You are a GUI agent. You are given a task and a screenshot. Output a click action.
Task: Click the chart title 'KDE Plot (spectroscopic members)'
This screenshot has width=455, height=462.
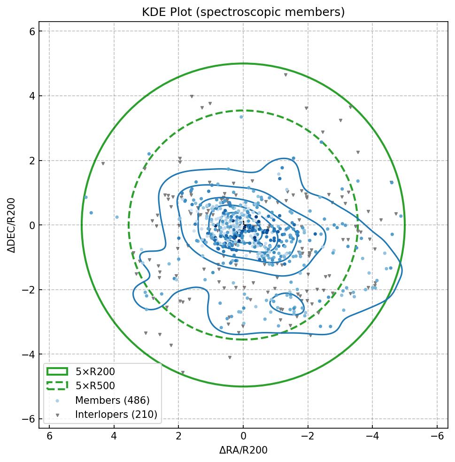pyautogui.click(x=243, y=12)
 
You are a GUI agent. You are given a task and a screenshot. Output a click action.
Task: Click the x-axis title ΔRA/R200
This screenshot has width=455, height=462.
pyautogui.click(x=243, y=450)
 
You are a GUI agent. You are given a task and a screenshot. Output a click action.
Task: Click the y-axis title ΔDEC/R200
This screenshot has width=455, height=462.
pyautogui.click(x=12, y=225)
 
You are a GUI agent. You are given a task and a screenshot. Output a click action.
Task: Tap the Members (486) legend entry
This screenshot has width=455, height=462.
pyautogui.click(x=112, y=400)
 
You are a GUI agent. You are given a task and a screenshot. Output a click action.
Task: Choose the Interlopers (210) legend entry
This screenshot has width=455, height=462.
pyautogui.click(x=116, y=415)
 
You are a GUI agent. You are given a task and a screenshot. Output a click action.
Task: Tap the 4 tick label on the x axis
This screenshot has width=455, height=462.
pyautogui.click(x=114, y=436)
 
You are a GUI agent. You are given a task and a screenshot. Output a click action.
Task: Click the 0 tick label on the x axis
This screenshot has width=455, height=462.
pyautogui.click(x=243, y=436)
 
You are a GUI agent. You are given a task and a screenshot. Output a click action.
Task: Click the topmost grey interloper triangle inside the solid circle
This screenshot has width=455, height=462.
pyautogui.click(x=285, y=75)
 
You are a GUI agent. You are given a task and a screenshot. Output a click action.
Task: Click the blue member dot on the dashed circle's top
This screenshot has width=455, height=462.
pyautogui.click(x=241, y=117)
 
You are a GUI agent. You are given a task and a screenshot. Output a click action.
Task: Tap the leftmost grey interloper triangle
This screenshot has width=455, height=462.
pyautogui.click(x=103, y=164)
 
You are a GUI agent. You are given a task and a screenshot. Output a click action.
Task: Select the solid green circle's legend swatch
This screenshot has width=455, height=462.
pyautogui.click(x=57, y=372)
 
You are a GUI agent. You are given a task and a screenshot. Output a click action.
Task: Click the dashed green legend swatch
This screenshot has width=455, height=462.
pyautogui.click(x=57, y=386)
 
